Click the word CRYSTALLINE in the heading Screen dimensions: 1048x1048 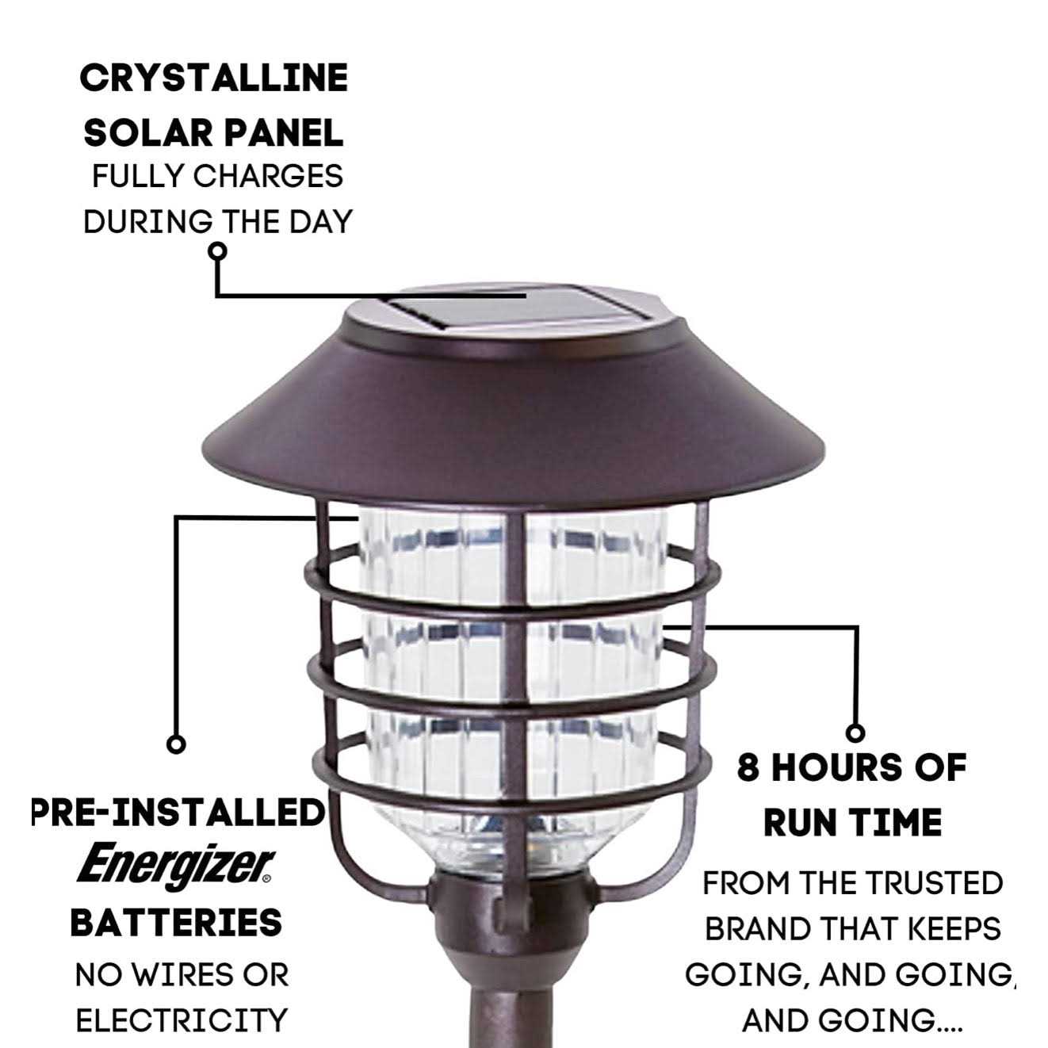coord(214,78)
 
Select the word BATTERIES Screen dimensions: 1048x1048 coord(176,923)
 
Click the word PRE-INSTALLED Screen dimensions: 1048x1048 coord(178,813)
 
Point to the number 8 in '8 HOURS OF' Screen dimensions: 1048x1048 coord(748,768)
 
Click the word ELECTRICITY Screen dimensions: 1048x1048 coord(182,1020)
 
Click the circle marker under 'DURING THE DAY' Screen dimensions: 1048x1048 coord(217,251)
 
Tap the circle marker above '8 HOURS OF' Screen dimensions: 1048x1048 coord(856,733)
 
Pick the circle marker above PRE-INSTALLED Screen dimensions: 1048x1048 coord(176,744)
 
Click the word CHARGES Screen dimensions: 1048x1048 coord(268,176)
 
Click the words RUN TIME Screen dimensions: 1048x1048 coord(853,824)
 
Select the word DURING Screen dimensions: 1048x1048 coord(148,222)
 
